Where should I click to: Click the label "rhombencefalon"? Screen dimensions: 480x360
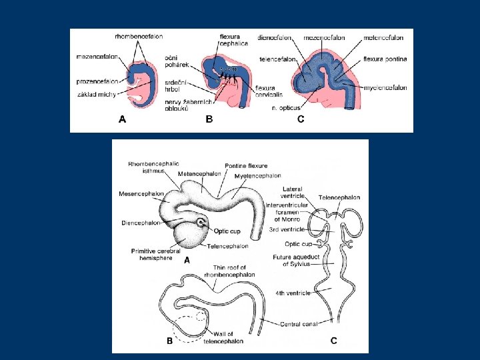138,37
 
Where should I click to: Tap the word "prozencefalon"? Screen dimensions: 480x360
97,81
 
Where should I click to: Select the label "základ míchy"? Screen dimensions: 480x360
97,94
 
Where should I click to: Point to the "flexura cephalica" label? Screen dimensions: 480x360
233,39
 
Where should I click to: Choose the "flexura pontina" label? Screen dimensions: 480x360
385,59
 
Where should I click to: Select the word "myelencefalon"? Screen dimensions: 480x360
385,87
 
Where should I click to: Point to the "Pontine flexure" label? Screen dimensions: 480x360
246,166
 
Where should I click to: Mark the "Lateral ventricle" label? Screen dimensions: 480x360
293,193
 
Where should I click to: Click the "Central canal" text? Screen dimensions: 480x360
297,323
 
